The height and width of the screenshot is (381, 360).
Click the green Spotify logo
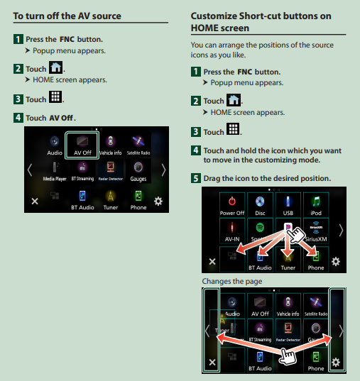click(x=260, y=228)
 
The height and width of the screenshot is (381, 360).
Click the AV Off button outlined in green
click(x=82, y=145)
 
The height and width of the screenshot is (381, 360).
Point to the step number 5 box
click(x=196, y=178)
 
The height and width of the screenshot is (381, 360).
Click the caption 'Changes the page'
click(x=232, y=281)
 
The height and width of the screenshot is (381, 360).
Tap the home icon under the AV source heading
click(x=55, y=67)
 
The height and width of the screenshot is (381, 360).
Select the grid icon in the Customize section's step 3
click(x=233, y=129)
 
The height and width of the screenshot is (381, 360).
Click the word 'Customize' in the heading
click(x=214, y=16)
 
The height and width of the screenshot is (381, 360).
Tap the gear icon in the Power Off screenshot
click(x=336, y=262)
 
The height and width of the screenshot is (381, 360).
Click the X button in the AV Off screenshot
click(x=35, y=201)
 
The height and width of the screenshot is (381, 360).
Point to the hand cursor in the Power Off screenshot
click(x=295, y=234)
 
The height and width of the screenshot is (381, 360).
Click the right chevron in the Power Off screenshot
click(x=341, y=230)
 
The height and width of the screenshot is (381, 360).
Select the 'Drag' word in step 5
click(x=212, y=178)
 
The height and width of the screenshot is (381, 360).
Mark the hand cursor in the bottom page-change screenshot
click(x=288, y=356)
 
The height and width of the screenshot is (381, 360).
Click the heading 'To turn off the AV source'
click(x=67, y=16)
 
